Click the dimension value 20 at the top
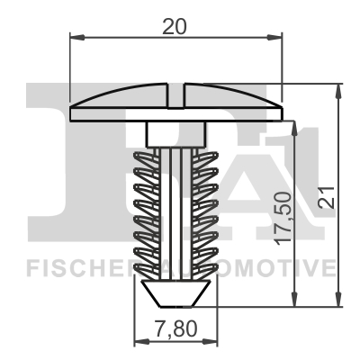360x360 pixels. [x=175, y=26]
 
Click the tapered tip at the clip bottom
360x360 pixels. [x=176, y=292]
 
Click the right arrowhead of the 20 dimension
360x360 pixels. [x=276, y=38]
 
